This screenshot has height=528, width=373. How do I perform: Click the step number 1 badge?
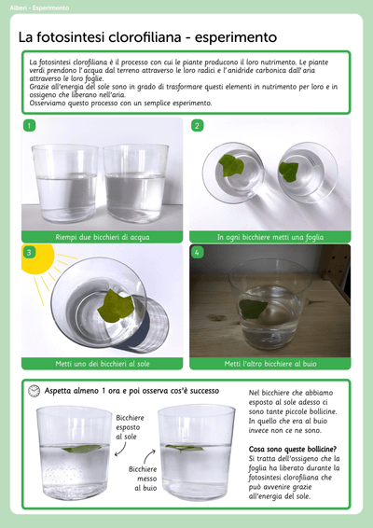(x=29, y=126)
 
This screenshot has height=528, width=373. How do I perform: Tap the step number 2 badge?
(x=197, y=126)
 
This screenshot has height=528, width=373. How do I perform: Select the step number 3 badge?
(x=29, y=252)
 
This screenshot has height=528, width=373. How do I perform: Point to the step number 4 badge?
(x=197, y=252)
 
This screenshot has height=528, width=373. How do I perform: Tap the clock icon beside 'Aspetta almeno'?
(x=34, y=391)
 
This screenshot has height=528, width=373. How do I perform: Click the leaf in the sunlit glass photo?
(x=116, y=306)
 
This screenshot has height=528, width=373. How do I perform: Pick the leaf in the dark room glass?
(x=253, y=309)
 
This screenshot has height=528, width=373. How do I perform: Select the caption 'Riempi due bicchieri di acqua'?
(x=103, y=237)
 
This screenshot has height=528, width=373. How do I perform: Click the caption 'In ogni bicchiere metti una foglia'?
(x=270, y=237)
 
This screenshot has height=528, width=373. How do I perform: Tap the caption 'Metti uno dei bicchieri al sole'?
(x=103, y=364)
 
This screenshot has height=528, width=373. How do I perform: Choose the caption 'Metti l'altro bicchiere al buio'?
(x=270, y=364)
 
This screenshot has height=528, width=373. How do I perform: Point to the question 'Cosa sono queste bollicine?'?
(x=293, y=449)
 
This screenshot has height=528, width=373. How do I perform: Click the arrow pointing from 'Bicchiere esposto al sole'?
(x=121, y=450)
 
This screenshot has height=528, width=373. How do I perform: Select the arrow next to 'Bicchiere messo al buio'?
(x=149, y=456)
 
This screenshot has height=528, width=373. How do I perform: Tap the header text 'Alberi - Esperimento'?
(x=39, y=7)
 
